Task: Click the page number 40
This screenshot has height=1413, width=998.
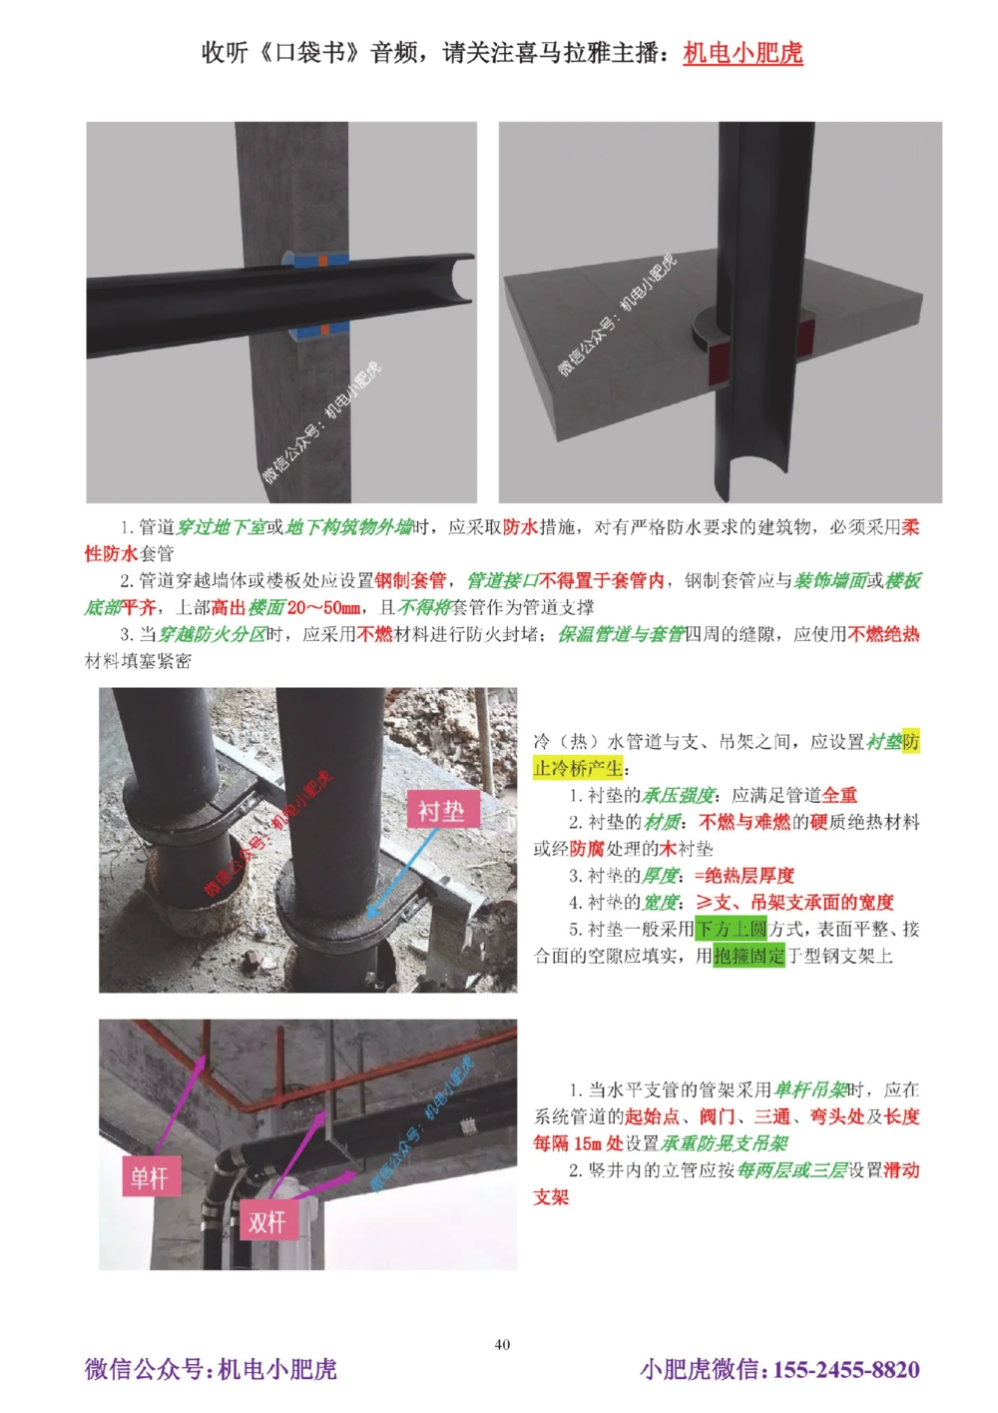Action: pyautogui.click(x=502, y=1344)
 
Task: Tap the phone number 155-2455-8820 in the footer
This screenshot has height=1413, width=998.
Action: pyautogui.click(x=846, y=1369)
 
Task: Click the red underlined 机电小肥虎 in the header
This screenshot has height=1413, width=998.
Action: pyautogui.click(x=743, y=53)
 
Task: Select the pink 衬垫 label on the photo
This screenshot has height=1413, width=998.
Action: pyautogui.click(x=441, y=811)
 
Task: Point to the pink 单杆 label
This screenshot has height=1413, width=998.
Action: pyautogui.click(x=150, y=1178)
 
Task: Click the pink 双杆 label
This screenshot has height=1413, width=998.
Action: pyautogui.click(x=266, y=1221)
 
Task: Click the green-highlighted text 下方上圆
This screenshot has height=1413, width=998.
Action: pyautogui.click(x=731, y=929)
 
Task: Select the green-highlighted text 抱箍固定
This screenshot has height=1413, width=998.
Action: pyautogui.click(x=749, y=956)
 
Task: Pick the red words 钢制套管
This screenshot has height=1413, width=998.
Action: pyautogui.click(x=410, y=580)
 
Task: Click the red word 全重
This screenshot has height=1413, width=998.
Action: pyautogui.click(x=839, y=795)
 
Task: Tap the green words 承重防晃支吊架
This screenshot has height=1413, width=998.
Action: pyautogui.click(x=725, y=1143)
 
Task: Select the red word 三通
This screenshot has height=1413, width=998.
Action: pyautogui.click(x=771, y=1116)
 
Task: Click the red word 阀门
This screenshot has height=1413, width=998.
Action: pyautogui.click(x=717, y=1116)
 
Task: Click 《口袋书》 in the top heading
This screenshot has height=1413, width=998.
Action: pyautogui.click(x=309, y=53)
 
